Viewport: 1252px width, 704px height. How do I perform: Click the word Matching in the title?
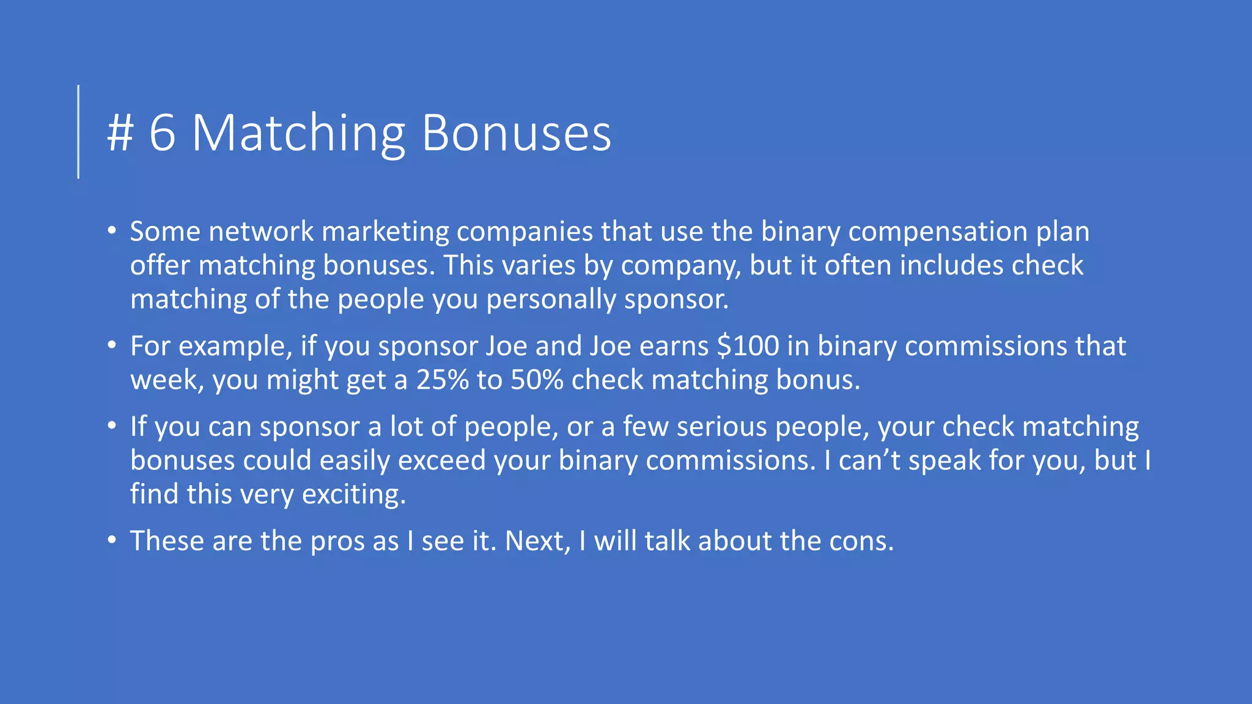pyautogui.click(x=298, y=133)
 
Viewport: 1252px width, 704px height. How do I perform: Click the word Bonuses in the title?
pyautogui.click(x=516, y=133)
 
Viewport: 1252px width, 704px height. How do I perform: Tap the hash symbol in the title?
pyautogui.click(x=120, y=133)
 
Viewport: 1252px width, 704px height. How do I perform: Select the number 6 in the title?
pyautogui.click(x=162, y=133)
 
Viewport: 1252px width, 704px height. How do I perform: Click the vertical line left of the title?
pyautogui.click(x=78, y=131)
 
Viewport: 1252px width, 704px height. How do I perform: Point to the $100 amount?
pyautogui.click(x=748, y=346)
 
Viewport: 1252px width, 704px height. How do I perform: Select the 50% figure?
pyautogui.click(x=537, y=380)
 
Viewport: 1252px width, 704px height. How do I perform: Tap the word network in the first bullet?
pyautogui.click(x=261, y=232)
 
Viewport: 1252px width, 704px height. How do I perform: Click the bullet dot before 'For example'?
pyautogui.click(x=111, y=346)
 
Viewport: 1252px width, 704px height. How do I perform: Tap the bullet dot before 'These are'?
pyautogui.click(x=111, y=541)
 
